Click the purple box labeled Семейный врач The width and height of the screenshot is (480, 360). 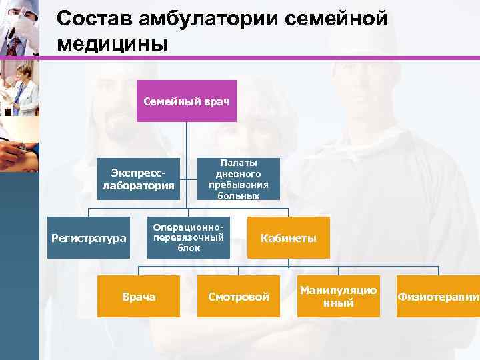[x=187, y=101]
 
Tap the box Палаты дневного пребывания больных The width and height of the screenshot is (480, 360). [x=238, y=179]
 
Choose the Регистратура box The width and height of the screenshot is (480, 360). [x=89, y=237]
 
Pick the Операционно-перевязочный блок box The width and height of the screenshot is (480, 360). [x=188, y=237]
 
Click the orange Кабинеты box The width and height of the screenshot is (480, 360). [x=289, y=237]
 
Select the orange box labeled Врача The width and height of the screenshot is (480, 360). [x=139, y=296]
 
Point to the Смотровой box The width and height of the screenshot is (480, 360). [x=238, y=296]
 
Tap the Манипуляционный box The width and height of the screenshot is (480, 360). [x=338, y=296]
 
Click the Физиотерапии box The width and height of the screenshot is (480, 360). [x=437, y=296]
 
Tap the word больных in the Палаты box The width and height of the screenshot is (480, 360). [x=238, y=195]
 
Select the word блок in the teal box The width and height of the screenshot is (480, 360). [x=188, y=248]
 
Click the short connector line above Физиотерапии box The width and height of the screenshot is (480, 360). [x=437, y=271]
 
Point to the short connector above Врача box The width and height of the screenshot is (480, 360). [x=139, y=271]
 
